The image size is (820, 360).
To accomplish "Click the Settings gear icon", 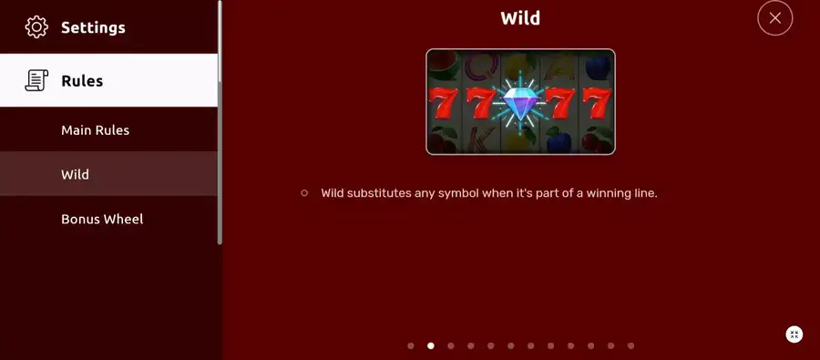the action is point(36,27).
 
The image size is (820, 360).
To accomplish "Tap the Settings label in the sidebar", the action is point(93,27).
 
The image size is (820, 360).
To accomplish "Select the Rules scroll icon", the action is point(36,80).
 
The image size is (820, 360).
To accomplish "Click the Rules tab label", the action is point(82,81).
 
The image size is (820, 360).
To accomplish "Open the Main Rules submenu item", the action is point(95,130).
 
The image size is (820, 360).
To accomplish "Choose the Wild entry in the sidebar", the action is point(75,174).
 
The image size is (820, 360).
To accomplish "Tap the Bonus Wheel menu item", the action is point(102,219).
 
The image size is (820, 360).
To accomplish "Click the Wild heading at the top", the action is point(520,18).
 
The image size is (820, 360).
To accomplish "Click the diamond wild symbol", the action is point(520,103).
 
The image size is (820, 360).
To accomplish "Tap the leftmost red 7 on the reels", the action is point(443,103).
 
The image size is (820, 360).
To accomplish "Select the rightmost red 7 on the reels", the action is point(597,103).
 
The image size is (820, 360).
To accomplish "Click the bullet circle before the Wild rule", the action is point(304,193).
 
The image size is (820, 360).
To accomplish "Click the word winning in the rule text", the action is point(609,193).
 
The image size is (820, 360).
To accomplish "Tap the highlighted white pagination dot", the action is point(431,345).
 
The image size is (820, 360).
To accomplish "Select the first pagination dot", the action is point(411,345).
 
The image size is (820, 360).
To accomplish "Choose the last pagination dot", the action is point(630,345).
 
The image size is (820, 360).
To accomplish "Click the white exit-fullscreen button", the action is point(794,334).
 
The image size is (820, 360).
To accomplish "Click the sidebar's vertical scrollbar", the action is point(220,122).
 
